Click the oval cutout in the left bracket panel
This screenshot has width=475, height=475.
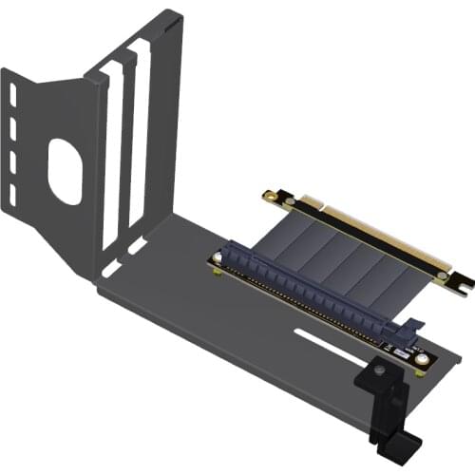[65, 172]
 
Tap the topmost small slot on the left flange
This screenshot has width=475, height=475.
[14, 96]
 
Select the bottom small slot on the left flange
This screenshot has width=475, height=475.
[14, 194]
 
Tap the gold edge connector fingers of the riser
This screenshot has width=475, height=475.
[380, 233]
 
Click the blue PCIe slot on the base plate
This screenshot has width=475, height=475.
[313, 290]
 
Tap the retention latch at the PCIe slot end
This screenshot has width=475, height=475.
[411, 332]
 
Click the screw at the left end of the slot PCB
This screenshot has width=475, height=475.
[218, 272]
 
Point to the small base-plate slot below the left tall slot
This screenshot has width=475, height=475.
[111, 268]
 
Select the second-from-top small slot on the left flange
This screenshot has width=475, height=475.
[14, 128]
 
